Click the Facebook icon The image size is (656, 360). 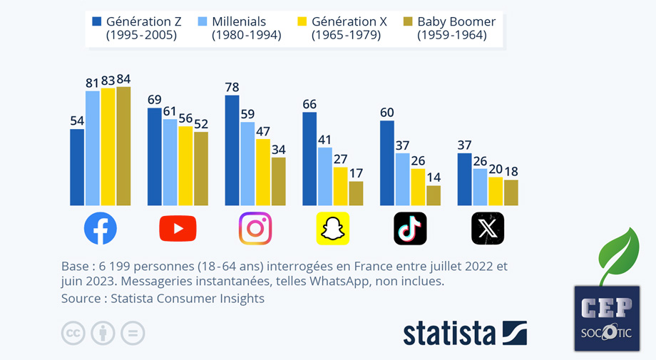100,229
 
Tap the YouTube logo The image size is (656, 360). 178,229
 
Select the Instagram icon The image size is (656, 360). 255,229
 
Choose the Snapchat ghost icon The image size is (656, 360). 332,229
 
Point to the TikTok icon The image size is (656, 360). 410,229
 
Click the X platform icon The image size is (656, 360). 488,229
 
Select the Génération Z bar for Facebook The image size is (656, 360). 77,168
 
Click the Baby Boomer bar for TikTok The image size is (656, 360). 434,195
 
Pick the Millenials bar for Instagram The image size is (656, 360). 247,164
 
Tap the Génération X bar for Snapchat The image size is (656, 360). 340,186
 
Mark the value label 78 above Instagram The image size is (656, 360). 232,87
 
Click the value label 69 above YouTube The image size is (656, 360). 155,100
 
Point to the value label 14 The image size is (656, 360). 434,178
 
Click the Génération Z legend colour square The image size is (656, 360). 96,21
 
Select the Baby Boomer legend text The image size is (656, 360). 456,28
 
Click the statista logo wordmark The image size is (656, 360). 449,334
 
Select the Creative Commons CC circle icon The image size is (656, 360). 73,333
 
